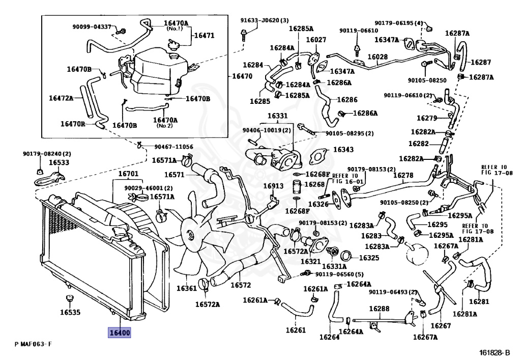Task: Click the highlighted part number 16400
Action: tap(119, 333)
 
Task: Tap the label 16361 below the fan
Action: tap(186, 288)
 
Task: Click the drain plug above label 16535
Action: tap(69, 298)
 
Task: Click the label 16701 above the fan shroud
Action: tap(128, 174)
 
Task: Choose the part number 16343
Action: tap(343, 149)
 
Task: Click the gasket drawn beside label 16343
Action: tap(318, 156)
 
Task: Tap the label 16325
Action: tap(369, 258)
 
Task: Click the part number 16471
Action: tap(204, 35)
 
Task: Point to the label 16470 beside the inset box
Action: tap(242, 76)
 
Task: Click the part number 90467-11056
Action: tap(173, 147)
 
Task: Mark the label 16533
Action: tap(59, 162)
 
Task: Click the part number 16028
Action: tap(378, 57)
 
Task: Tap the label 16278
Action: tap(403, 175)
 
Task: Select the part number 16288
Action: tap(379, 309)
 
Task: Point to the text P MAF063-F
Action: tap(33, 344)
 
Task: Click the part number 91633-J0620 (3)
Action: tap(265, 20)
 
